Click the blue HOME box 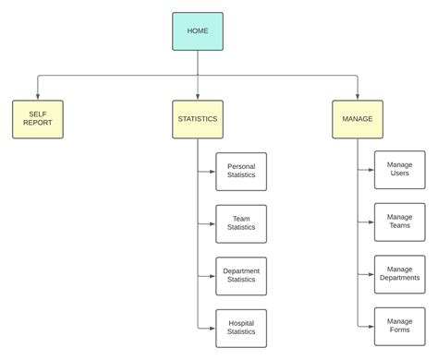pos(197,31)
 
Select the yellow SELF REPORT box pos(38,119)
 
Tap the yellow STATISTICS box pos(197,119)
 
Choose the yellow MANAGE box pos(358,119)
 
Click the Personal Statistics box pos(241,172)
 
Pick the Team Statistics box pos(241,223)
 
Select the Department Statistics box pos(241,276)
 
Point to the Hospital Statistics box pos(241,328)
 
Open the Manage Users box pos(400,170)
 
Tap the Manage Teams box pos(400,222)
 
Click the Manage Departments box pos(400,274)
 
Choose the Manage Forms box pos(400,327)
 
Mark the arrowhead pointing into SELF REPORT pos(38,96)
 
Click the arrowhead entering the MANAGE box pos(358,96)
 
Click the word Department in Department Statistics pos(241,271)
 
